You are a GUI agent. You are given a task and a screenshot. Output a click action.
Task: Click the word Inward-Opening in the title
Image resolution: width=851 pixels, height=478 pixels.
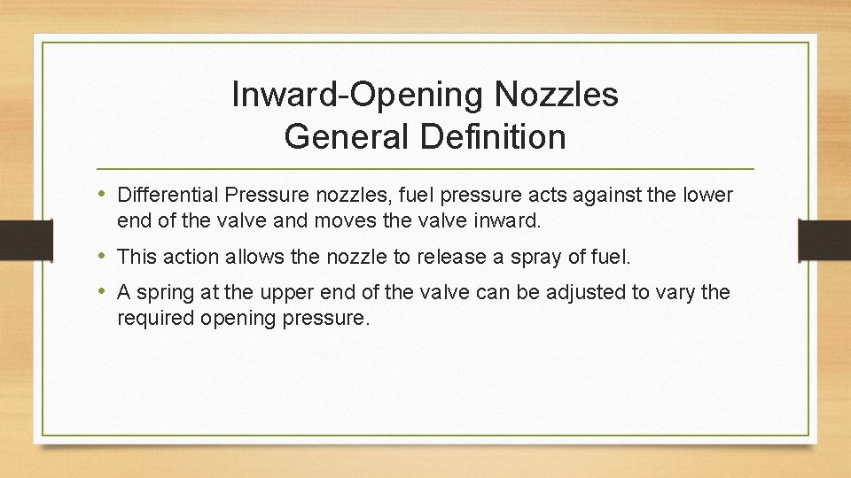pos(338,95)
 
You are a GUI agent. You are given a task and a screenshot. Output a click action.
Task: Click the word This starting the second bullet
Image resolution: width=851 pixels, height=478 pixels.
pos(136,257)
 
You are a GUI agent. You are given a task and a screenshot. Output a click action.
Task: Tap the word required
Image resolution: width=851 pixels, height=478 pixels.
pos(152,318)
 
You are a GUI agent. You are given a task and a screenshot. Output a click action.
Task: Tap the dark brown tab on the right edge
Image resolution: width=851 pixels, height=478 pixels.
pos(824,239)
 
